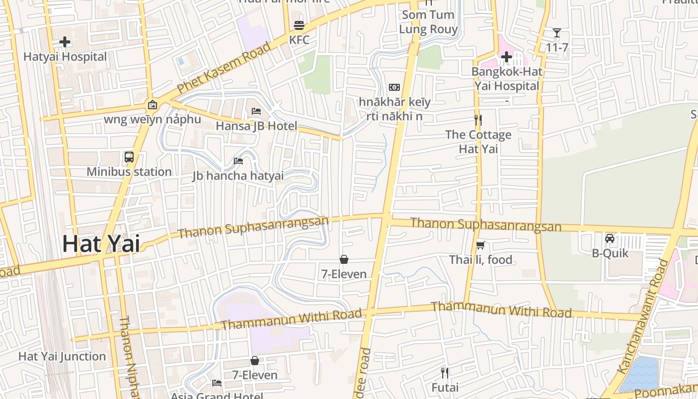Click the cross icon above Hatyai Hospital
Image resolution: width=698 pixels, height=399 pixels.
tap(65, 42)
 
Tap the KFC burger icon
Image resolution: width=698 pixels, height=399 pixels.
tap(299, 25)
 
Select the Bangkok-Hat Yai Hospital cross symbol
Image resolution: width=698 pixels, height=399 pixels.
tap(507, 57)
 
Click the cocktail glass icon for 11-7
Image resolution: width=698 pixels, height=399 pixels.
tap(557, 33)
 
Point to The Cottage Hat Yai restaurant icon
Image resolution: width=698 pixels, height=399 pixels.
tap(478, 120)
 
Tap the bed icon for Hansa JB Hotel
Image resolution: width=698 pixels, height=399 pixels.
tap(256, 111)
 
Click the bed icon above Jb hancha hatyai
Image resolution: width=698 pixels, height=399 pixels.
tap(238, 161)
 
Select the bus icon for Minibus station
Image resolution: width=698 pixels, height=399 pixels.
tap(129, 157)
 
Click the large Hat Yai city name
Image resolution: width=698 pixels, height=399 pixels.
tap(101, 244)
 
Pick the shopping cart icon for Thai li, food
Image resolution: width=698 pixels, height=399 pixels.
tap(481, 245)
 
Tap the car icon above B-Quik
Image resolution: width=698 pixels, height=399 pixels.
tap(610, 238)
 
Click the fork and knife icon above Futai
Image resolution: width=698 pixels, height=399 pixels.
tap(445, 373)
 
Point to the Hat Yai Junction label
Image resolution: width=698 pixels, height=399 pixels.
tap(62, 356)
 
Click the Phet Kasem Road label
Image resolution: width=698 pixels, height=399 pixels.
tap(224, 67)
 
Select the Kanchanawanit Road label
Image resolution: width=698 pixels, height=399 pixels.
tap(642, 316)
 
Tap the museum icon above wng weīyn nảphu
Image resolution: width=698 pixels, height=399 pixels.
tap(152, 105)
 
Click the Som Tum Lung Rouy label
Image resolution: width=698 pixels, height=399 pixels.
tap(428, 22)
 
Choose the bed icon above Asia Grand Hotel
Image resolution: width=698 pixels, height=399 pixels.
tap(217, 383)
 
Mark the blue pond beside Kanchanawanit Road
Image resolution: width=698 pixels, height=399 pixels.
tap(640, 374)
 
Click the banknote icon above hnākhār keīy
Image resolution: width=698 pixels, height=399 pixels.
tap(394, 87)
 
